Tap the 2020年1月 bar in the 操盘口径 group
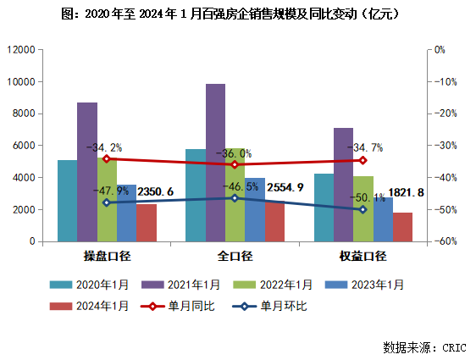(x=67, y=200)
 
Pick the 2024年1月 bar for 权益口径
(x=402, y=226)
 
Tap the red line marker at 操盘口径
(x=107, y=158)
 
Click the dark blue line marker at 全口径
(x=235, y=198)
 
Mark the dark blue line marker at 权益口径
(x=363, y=209)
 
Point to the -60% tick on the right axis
(x=446, y=241)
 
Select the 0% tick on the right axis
(x=440, y=50)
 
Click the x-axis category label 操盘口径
(x=107, y=256)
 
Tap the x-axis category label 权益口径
(x=363, y=256)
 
